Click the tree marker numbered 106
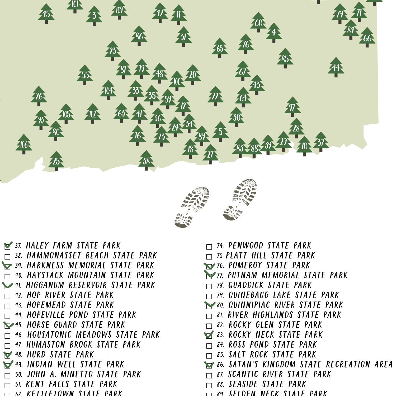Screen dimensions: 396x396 (24, 144)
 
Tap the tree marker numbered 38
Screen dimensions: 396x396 (146, 161)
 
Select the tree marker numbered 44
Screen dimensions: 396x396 (336, 67)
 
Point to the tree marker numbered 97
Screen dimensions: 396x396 (292, 107)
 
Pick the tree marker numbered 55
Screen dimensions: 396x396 (85, 75)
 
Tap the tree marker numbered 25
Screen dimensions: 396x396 (56, 161)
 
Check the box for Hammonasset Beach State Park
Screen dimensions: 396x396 (7, 256)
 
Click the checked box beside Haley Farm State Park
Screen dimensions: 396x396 (7, 246)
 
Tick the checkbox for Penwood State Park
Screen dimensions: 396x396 (209, 247)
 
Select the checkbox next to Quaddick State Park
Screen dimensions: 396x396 (209, 286)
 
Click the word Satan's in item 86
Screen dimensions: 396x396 (243, 365)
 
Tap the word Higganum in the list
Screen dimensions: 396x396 (45, 285)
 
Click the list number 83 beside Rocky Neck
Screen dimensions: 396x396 (220, 335)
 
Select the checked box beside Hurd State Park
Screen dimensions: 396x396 (7, 355)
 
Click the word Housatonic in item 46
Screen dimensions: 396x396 (49, 335)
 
